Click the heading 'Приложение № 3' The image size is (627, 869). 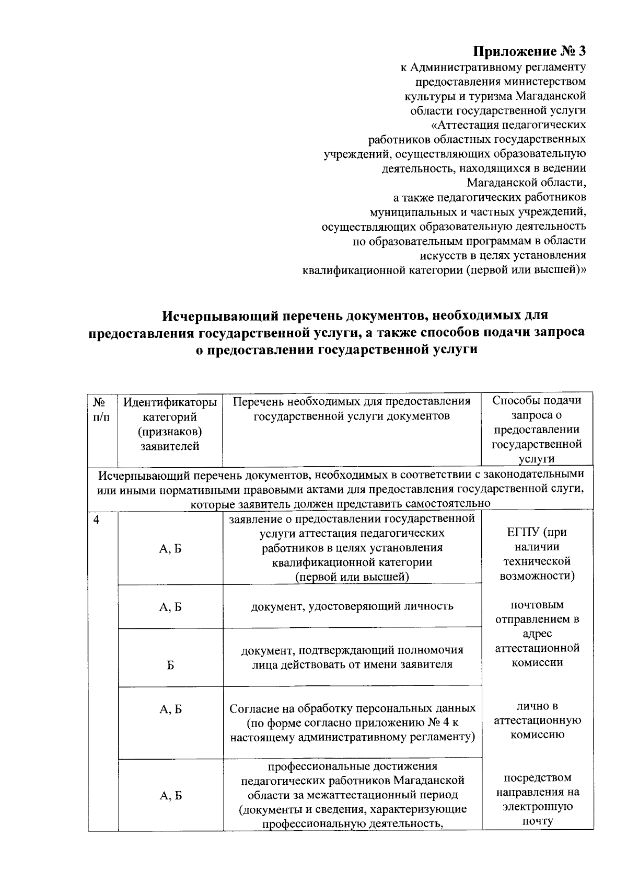click(529, 51)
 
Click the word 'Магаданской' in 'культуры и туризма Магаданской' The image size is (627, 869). click(550, 96)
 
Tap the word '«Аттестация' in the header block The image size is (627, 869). click(465, 125)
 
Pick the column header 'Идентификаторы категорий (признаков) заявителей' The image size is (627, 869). click(170, 424)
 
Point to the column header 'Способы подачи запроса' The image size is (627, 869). click(537, 408)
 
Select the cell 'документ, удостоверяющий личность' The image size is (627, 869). click(352, 606)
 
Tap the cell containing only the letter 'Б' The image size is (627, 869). click(170, 665)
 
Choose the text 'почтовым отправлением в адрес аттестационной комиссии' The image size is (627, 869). click(537, 634)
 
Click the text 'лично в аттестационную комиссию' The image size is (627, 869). click(537, 720)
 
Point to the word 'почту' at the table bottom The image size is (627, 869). click(537, 821)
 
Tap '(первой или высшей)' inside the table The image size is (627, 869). click(352, 577)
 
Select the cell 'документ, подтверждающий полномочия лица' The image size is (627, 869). click(352, 657)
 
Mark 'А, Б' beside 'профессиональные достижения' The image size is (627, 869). click(170, 796)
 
